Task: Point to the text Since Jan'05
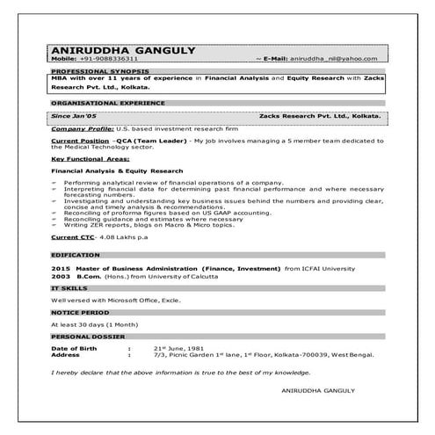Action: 74,115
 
